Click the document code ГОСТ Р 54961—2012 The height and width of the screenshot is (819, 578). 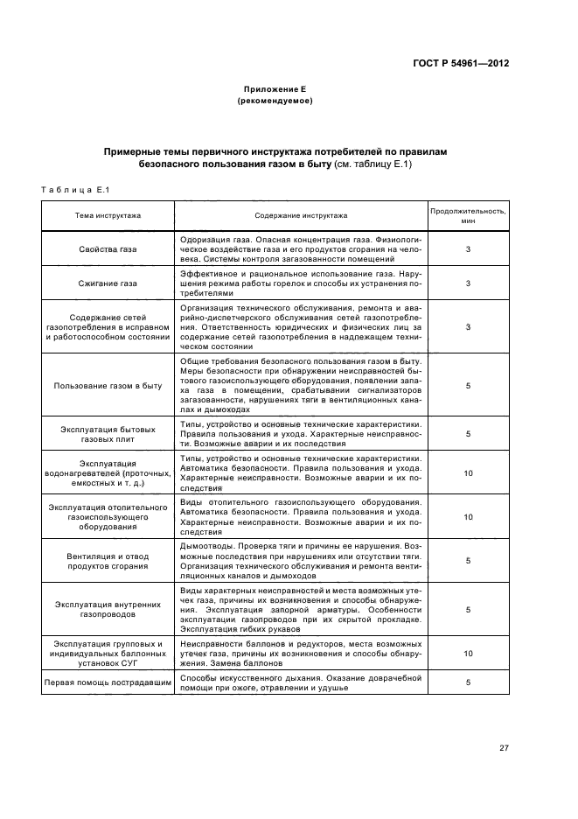[466, 64]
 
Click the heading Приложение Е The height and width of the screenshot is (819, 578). [275, 90]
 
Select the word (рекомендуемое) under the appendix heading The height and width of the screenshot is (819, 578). [275, 101]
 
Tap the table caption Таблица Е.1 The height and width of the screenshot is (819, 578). [74, 190]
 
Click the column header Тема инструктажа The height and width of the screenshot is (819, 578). [108, 214]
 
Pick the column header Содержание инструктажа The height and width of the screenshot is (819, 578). [301, 214]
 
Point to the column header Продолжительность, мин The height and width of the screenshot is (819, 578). [468, 214]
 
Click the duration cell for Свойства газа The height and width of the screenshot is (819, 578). [468, 249]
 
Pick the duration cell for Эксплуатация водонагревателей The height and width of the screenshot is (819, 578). [468, 472]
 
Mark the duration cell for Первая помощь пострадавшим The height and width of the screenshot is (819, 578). [468, 682]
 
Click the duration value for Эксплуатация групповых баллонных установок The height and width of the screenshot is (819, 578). [468, 653]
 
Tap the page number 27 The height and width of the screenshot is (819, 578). [504, 747]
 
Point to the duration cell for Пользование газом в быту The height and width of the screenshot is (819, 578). [468, 385]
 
